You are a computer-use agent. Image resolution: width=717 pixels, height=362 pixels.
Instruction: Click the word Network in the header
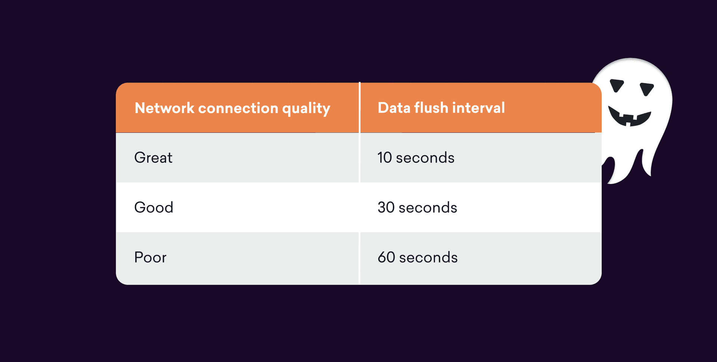(x=164, y=108)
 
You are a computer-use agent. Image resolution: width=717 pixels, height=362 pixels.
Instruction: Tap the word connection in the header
(x=238, y=108)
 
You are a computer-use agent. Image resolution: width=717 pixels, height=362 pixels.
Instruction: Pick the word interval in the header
(x=479, y=108)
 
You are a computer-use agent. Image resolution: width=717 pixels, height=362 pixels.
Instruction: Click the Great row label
(x=153, y=157)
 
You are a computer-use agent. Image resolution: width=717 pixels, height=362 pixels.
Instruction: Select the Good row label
(x=154, y=207)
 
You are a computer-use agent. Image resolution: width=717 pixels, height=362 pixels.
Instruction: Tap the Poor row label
(x=150, y=257)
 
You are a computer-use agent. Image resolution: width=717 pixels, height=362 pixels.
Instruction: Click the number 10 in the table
(x=385, y=157)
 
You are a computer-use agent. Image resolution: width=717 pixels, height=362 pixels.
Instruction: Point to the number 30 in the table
(x=386, y=207)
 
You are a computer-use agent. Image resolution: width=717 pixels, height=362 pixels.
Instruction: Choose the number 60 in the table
(x=386, y=257)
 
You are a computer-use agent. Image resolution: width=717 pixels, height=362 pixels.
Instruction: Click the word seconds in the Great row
(x=425, y=158)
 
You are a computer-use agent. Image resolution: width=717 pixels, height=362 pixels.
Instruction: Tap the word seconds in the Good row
(x=428, y=208)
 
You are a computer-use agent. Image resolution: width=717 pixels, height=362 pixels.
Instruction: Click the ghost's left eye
(x=617, y=85)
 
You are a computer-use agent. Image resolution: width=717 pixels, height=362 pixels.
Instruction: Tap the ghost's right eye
(x=647, y=89)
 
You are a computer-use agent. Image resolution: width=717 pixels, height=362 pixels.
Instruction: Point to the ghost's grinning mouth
(x=630, y=117)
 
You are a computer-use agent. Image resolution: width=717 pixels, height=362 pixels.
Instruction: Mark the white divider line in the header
(x=360, y=107)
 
